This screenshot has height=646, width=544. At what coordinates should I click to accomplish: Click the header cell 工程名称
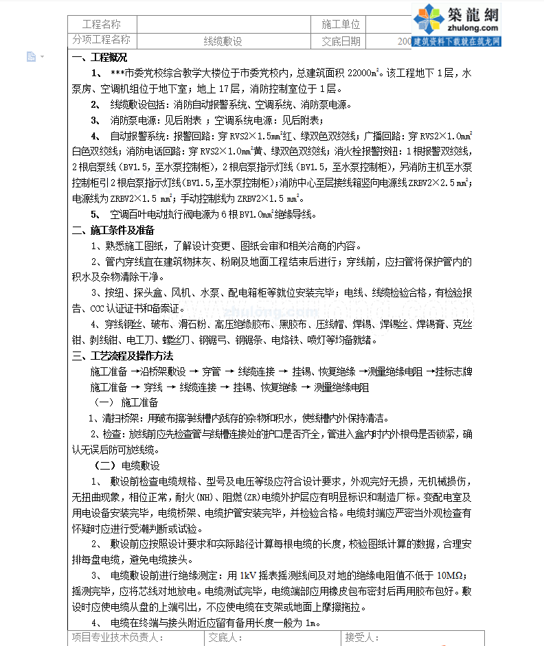pyautogui.click(x=101, y=24)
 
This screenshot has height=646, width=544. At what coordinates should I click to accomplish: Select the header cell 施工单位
pyautogui.click(x=341, y=24)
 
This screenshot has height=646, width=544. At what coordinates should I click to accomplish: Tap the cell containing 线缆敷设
pyautogui.click(x=223, y=41)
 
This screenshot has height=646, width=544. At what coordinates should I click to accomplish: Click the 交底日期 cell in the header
pyautogui.click(x=341, y=41)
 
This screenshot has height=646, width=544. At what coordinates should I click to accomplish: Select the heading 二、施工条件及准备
pyautogui.click(x=113, y=230)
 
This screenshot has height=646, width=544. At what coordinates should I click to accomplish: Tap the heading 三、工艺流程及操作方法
pyautogui.click(x=122, y=356)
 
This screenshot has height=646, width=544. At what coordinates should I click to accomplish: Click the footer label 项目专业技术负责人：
pyautogui.click(x=116, y=638)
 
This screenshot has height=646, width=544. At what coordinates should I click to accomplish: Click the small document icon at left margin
pyautogui.click(x=31, y=56)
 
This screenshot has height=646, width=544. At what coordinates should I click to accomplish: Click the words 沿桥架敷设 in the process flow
pyautogui.click(x=163, y=371)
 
